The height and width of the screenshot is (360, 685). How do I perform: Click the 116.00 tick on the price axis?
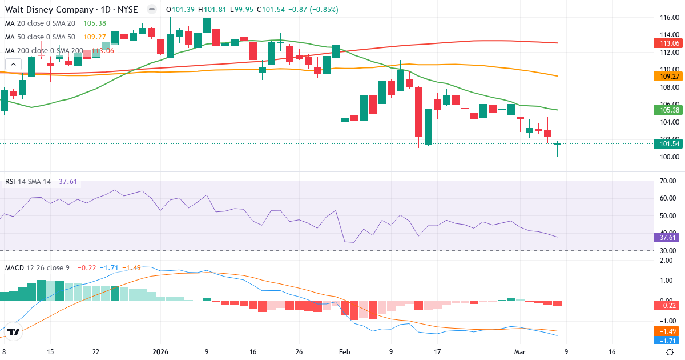pyautogui.click(x=669, y=18)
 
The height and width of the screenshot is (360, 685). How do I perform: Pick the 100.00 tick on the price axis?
pyautogui.click(x=669, y=157)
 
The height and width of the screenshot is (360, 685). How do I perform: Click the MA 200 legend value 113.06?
pyautogui.click(x=103, y=51)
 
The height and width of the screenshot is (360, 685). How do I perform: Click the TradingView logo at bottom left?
pyautogui.click(x=14, y=331)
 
